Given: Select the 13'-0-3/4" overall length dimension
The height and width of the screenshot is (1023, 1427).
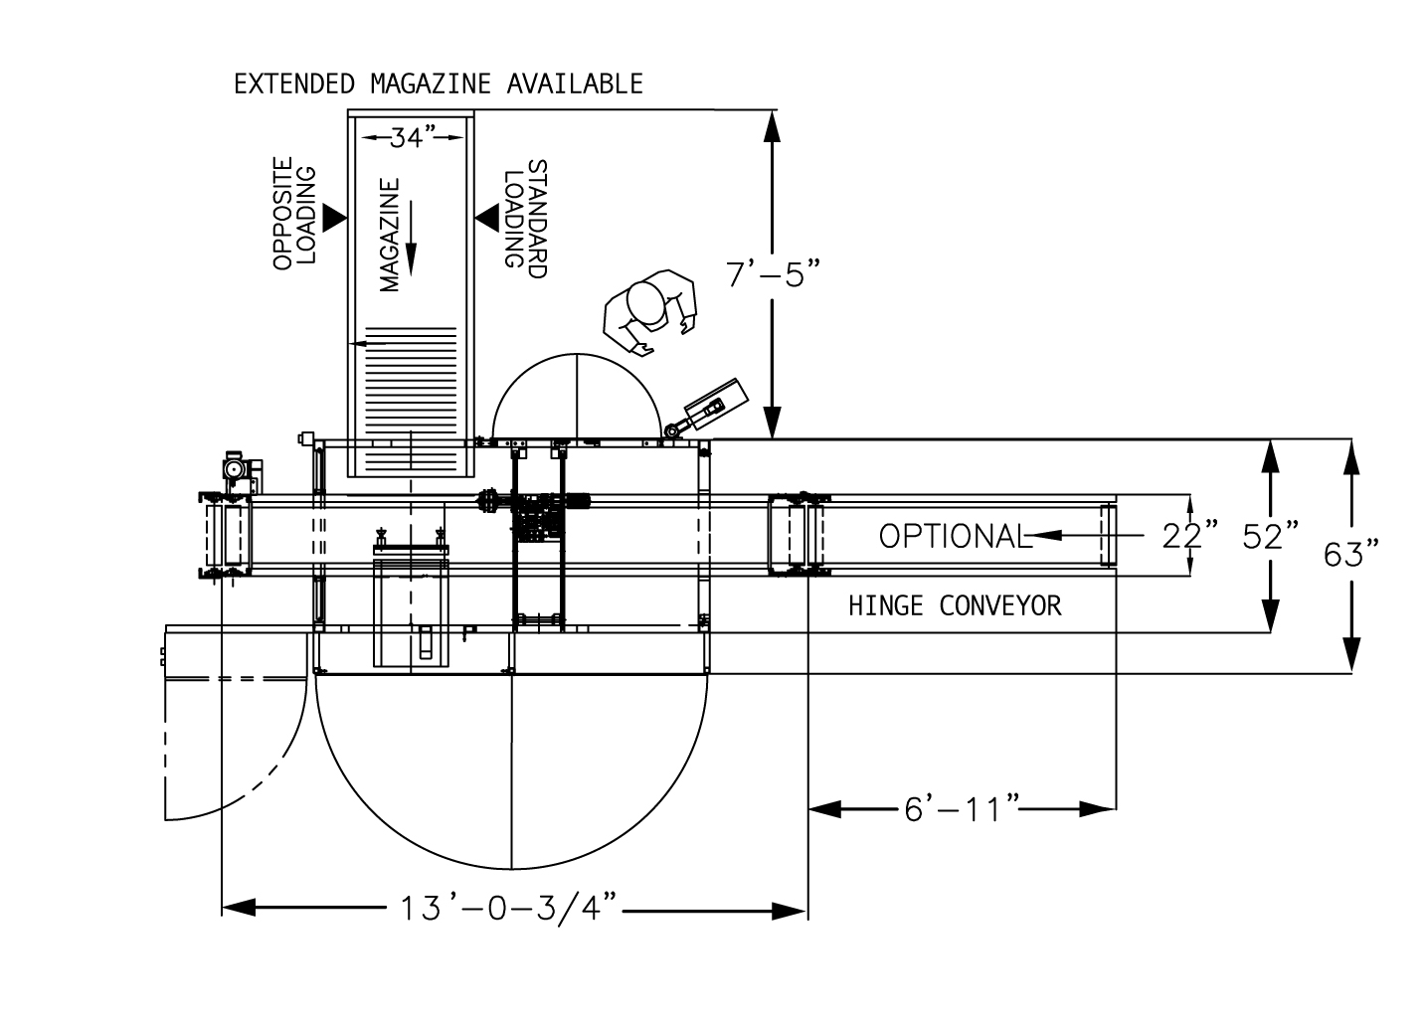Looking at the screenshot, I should click(509, 908).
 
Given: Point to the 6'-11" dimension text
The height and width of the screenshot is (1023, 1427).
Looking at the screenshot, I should click(961, 809).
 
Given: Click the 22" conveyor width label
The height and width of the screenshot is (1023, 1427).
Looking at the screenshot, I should click(1189, 536).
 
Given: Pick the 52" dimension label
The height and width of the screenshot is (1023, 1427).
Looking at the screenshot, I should click(1270, 536).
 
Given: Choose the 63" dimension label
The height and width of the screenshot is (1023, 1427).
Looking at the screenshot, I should click(1350, 554).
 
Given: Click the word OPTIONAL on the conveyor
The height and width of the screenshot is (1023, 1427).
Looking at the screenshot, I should click(951, 536).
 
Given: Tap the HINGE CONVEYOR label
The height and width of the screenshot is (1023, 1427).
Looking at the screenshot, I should click(954, 605).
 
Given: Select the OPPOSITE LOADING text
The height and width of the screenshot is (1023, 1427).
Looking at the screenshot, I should click(294, 214).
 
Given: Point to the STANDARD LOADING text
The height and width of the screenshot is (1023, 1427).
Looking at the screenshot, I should click(525, 214).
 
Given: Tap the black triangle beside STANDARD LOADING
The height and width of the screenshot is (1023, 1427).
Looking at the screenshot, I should click(487, 216).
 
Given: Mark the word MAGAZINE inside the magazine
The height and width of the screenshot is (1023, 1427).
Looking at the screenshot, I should click(390, 236).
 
